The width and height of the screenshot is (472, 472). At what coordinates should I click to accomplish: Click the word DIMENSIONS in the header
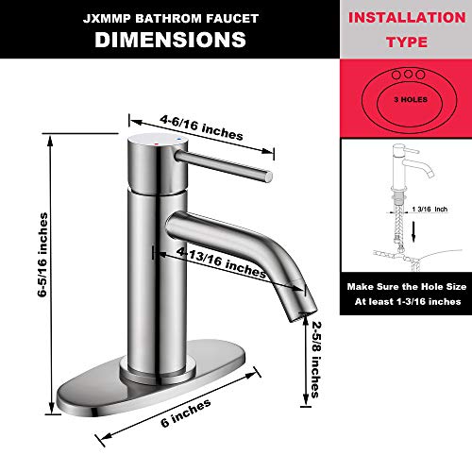click(170, 40)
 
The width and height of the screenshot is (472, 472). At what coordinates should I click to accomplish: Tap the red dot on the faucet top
click(157, 143)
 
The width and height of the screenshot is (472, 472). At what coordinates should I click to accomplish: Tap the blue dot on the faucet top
click(179, 139)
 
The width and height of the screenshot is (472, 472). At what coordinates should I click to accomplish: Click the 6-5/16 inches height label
click(43, 255)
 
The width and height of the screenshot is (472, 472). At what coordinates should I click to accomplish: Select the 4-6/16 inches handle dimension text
click(201, 127)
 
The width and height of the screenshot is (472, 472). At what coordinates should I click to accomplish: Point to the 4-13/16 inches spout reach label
click(221, 262)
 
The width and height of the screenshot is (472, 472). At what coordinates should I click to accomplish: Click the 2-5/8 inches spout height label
click(316, 360)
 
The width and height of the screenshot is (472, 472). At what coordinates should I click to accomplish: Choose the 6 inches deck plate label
click(186, 413)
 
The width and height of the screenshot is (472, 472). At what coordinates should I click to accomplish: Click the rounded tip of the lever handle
click(268, 177)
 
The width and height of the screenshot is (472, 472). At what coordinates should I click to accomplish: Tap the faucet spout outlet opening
click(303, 316)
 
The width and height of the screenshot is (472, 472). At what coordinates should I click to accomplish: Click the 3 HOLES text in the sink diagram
click(411, 99)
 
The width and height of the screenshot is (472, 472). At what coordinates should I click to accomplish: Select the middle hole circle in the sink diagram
click(408, 75)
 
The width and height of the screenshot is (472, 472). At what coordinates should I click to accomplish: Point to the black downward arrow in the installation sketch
click(413, 231)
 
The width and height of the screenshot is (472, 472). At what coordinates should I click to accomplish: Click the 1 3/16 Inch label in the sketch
click(430, 209)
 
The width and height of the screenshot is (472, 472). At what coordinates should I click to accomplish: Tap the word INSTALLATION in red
click(407, 18)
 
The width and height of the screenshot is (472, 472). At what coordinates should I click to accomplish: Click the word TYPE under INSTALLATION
click(407, 42)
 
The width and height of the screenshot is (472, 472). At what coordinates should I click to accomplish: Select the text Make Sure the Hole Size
click(407, 287)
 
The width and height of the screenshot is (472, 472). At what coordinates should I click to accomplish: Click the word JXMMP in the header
click(107, 19)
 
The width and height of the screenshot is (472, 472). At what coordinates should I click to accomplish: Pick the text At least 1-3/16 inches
click(408, 302)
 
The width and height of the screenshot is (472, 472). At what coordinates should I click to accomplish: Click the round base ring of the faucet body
click(158, 372)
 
